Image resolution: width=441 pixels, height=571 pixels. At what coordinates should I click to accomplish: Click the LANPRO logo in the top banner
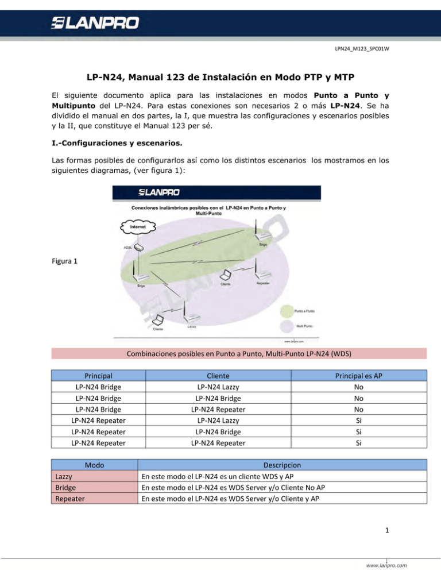pos(95,25)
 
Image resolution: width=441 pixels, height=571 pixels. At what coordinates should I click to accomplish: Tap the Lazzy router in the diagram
pos(192,317)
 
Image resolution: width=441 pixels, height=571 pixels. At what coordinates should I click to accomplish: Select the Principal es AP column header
pos(358,375)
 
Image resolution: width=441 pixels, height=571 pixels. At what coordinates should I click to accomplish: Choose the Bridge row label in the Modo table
pos(66,487)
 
